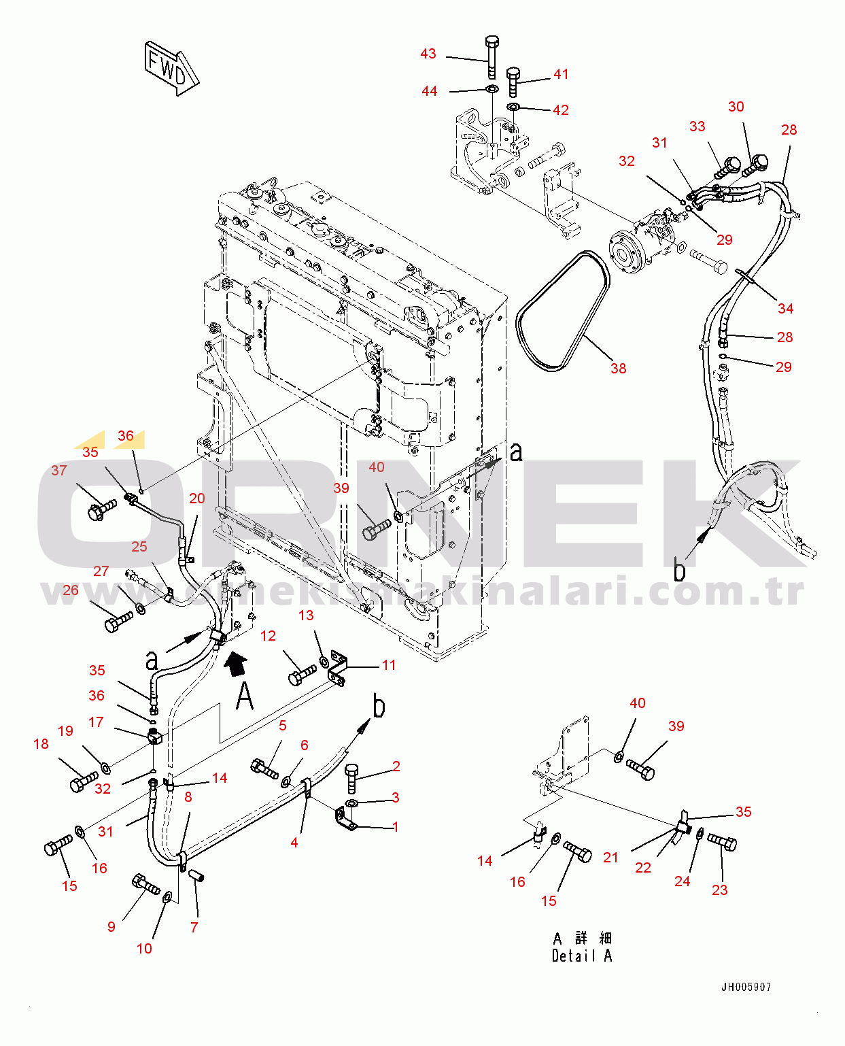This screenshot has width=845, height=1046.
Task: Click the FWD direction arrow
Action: [172, 69]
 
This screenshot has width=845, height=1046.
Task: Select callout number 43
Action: [428, 54]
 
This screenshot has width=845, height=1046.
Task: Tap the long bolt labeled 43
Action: [492, 57]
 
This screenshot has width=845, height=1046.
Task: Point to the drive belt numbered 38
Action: [564, 311]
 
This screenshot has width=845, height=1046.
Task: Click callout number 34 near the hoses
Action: [785, 308]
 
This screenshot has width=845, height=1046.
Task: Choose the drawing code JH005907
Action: [746, 987]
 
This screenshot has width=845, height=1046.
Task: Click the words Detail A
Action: [582, 956]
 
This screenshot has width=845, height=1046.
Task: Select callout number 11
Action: [389, 665]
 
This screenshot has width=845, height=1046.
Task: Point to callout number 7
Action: [194, 927]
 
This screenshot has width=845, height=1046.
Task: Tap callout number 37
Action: [59, 470]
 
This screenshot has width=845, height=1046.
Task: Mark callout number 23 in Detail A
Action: [719, 890]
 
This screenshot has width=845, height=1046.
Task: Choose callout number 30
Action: [736, 107]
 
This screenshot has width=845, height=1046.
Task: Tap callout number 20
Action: [196, 498]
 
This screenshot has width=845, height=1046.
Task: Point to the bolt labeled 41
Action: [513, 82]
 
